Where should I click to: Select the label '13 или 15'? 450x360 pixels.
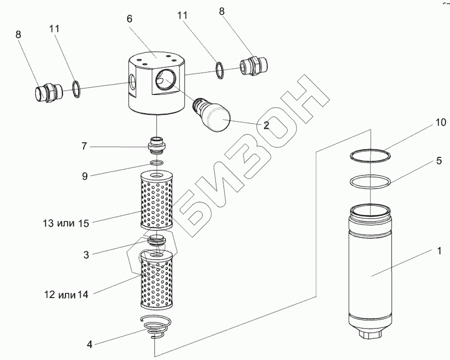pos(66,223)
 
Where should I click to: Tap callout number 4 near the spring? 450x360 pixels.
pos(90,344)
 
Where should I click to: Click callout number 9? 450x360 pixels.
pos(85,176)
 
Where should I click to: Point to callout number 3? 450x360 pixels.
pos(86,255)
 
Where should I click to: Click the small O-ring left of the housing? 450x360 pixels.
pos(76,89)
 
